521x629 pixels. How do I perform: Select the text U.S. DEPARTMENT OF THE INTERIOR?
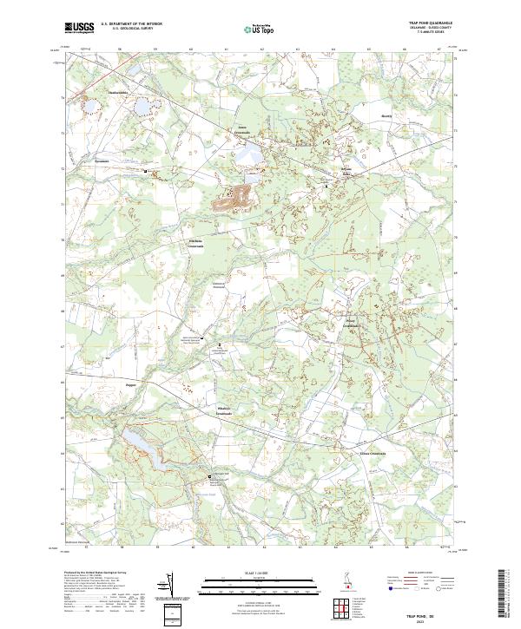coord(132,24)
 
